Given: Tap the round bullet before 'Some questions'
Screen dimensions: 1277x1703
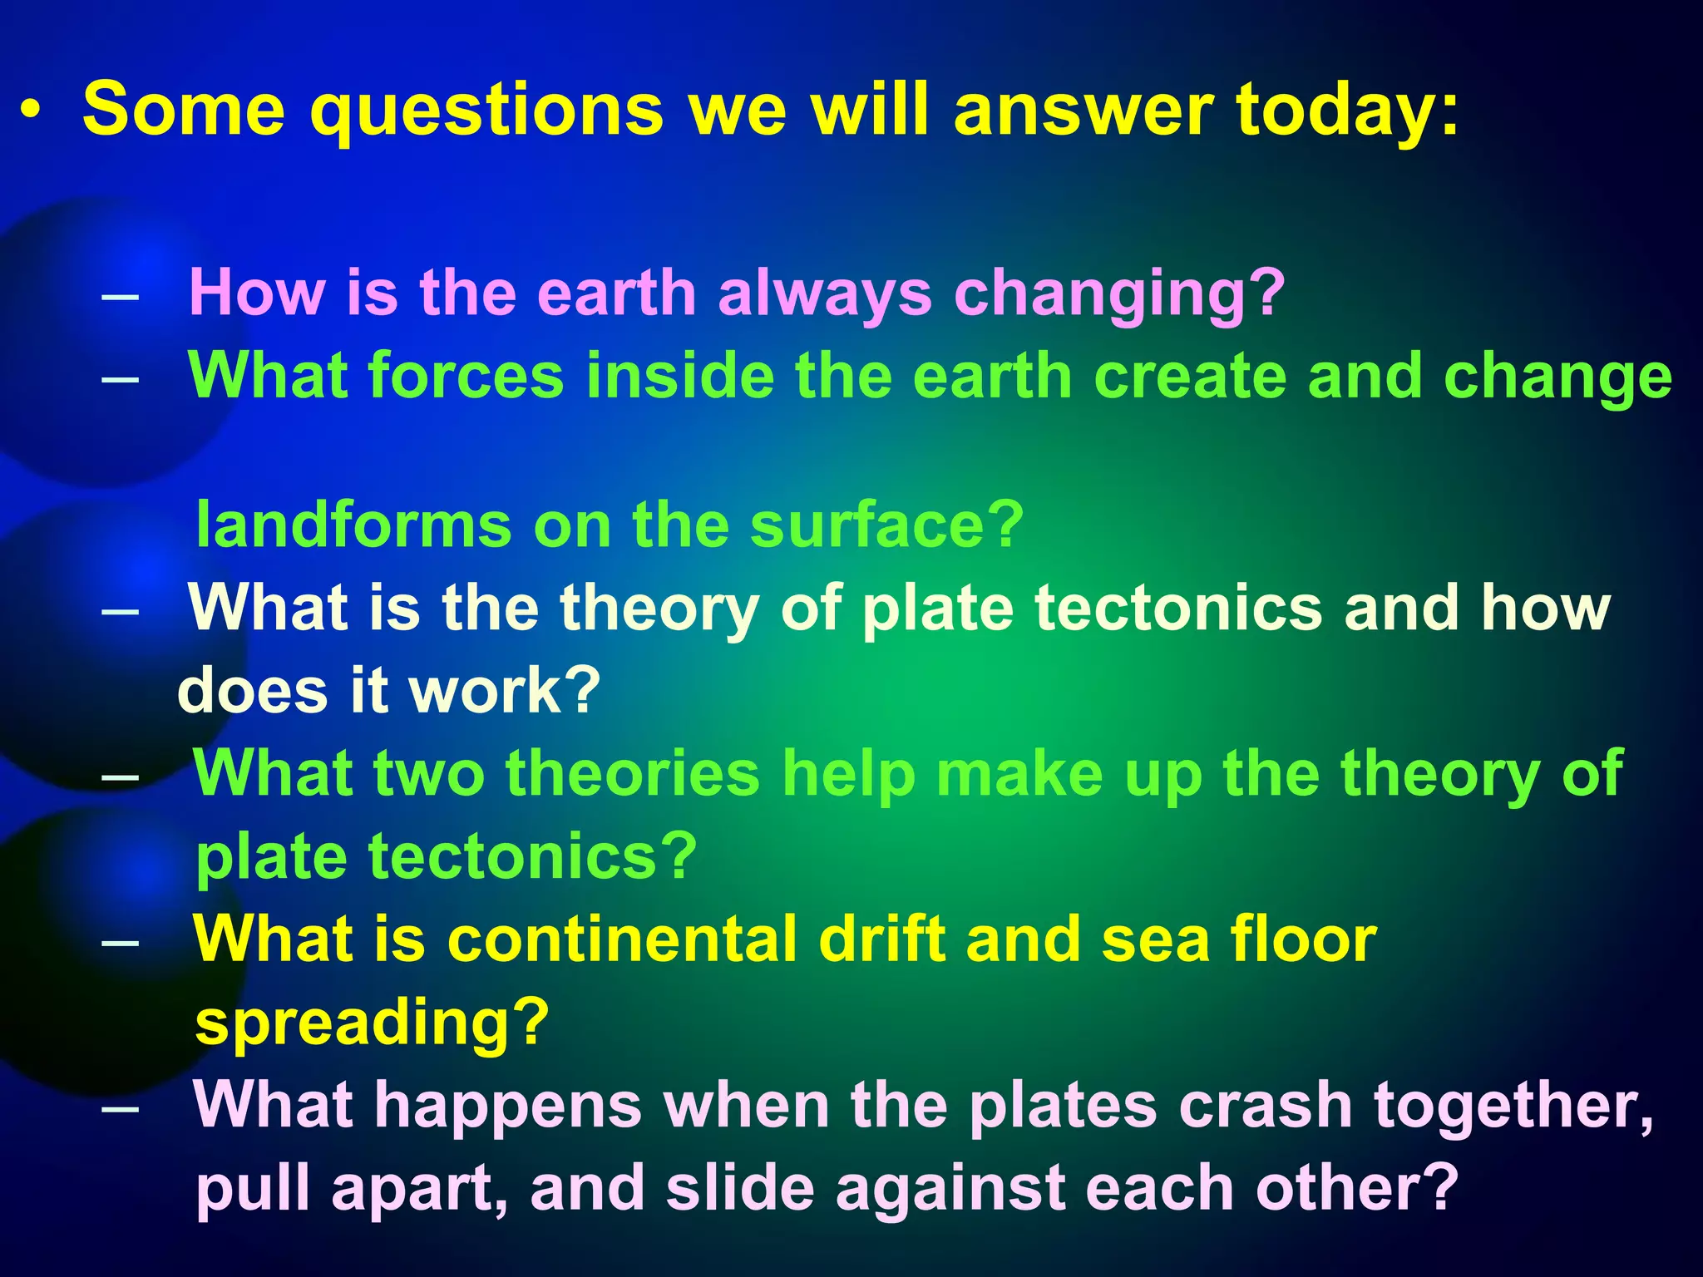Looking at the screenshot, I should [31, 111].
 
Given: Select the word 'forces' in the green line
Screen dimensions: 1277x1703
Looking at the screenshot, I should [466, 376].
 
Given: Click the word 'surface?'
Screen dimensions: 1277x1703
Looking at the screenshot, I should [886, 525].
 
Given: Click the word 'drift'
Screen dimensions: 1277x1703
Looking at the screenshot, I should [880, 939].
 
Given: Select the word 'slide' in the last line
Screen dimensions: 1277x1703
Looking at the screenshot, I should [739, 1188].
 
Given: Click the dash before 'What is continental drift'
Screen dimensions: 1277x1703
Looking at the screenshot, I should [121, 944].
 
